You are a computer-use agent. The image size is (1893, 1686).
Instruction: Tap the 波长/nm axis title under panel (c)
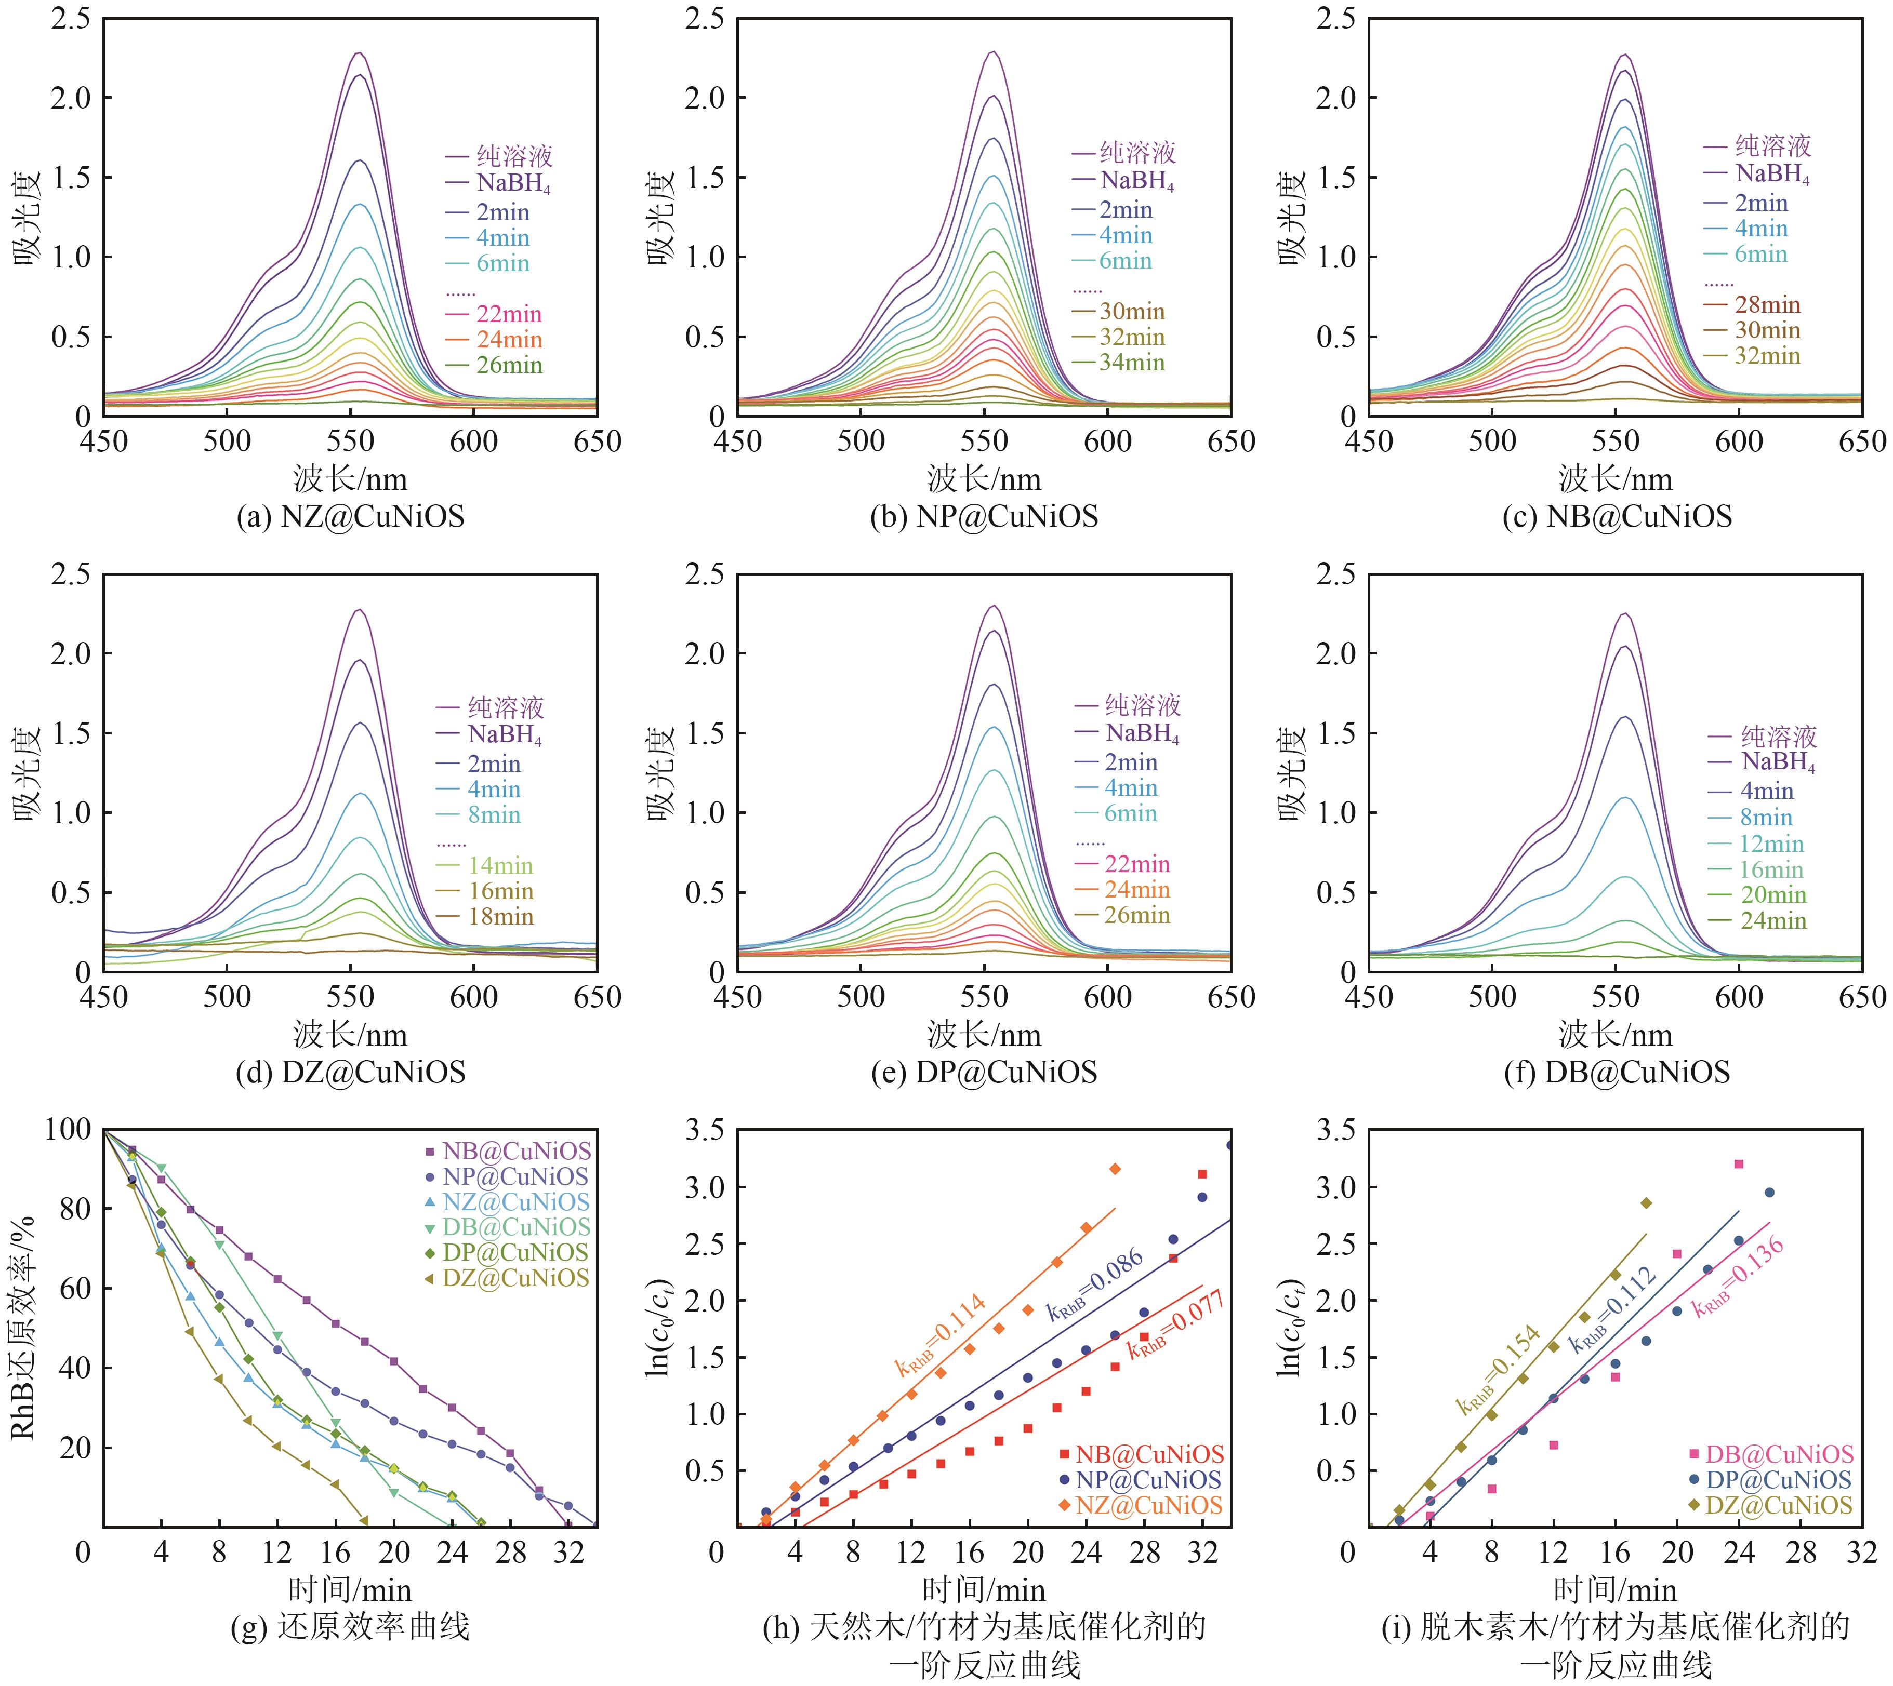(x=1615, y=480)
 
